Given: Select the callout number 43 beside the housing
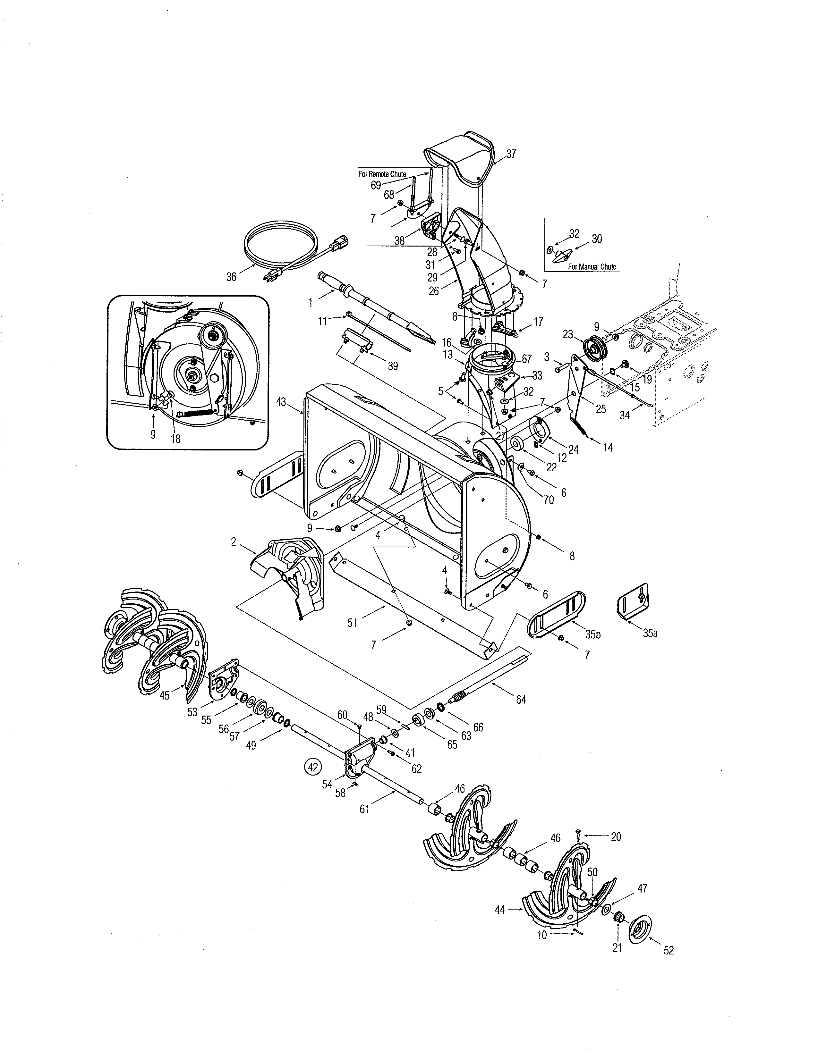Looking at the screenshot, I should pyautogui.click(x=281, y=402).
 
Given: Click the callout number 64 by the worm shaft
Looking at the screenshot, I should pyautogui.click(x=521, y=699).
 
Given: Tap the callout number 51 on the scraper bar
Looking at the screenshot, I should pyautogui.click(x=352, y=623).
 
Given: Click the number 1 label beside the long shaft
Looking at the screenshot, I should pyautogui.click(x=310, y=302).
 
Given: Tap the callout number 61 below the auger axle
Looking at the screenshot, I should pyautogui.click(x=364, y=809).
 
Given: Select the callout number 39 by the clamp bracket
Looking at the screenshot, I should pyautogui.click(x=393, y=366).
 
